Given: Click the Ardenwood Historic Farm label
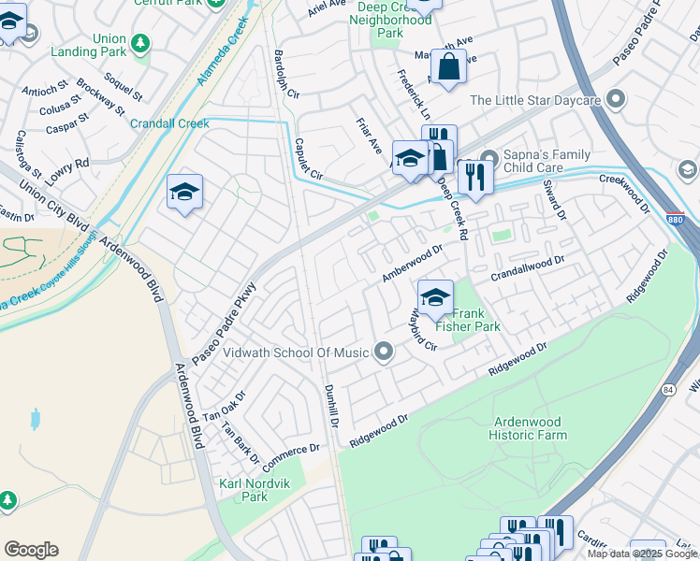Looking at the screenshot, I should [x=527, y=427].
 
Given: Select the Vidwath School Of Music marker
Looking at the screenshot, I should [x=383, y=352].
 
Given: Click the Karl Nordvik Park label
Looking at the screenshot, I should [x=242, y=490].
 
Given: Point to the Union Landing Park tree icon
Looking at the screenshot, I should [x=140, y=43].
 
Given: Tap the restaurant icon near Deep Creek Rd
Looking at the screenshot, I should [x=475, y=177].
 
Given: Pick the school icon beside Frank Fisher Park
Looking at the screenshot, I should [x=435, y=298].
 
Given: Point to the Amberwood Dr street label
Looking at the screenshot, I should [x=412, y=264].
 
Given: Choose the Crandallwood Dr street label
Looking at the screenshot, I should [x=529, y=267].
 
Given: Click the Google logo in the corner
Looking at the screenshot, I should [x=31, y=550].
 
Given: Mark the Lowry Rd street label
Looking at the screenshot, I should [x=69, y=167].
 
